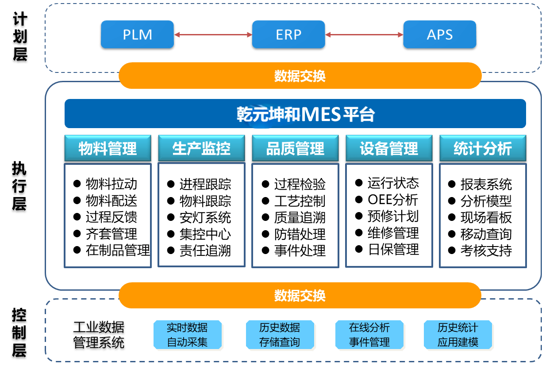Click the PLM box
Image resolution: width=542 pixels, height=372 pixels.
click(137, 34)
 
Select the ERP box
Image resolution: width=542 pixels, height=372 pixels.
click(288, 34)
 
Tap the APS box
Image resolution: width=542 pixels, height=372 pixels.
click(440, 34)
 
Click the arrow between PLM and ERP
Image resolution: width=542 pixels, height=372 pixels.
click(213, 34)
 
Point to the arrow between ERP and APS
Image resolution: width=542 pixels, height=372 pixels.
click(364, 34)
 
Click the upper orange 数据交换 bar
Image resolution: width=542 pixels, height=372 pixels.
click(300, 76)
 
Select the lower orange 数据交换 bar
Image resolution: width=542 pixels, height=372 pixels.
click(300, 295)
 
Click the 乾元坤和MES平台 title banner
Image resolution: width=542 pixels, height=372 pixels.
click(295, 114)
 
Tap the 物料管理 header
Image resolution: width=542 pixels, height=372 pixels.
click(108, 148)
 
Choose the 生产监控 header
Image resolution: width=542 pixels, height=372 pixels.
click(201, 148)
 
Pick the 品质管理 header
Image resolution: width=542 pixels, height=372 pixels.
click(295, 148)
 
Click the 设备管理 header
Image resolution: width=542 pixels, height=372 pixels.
click(389, 148)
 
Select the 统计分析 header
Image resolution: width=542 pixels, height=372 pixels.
click(483, 148)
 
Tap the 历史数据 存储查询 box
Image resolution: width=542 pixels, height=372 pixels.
click(280, 335)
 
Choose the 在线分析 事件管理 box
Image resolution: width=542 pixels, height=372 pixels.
click(369, 335)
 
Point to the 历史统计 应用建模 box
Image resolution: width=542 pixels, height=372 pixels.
click(458, 335)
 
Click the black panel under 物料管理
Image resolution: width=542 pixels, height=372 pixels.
click(108, 216)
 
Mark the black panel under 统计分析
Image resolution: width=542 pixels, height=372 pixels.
click(483, 216)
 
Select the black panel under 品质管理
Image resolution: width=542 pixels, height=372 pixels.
click(295, 216)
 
